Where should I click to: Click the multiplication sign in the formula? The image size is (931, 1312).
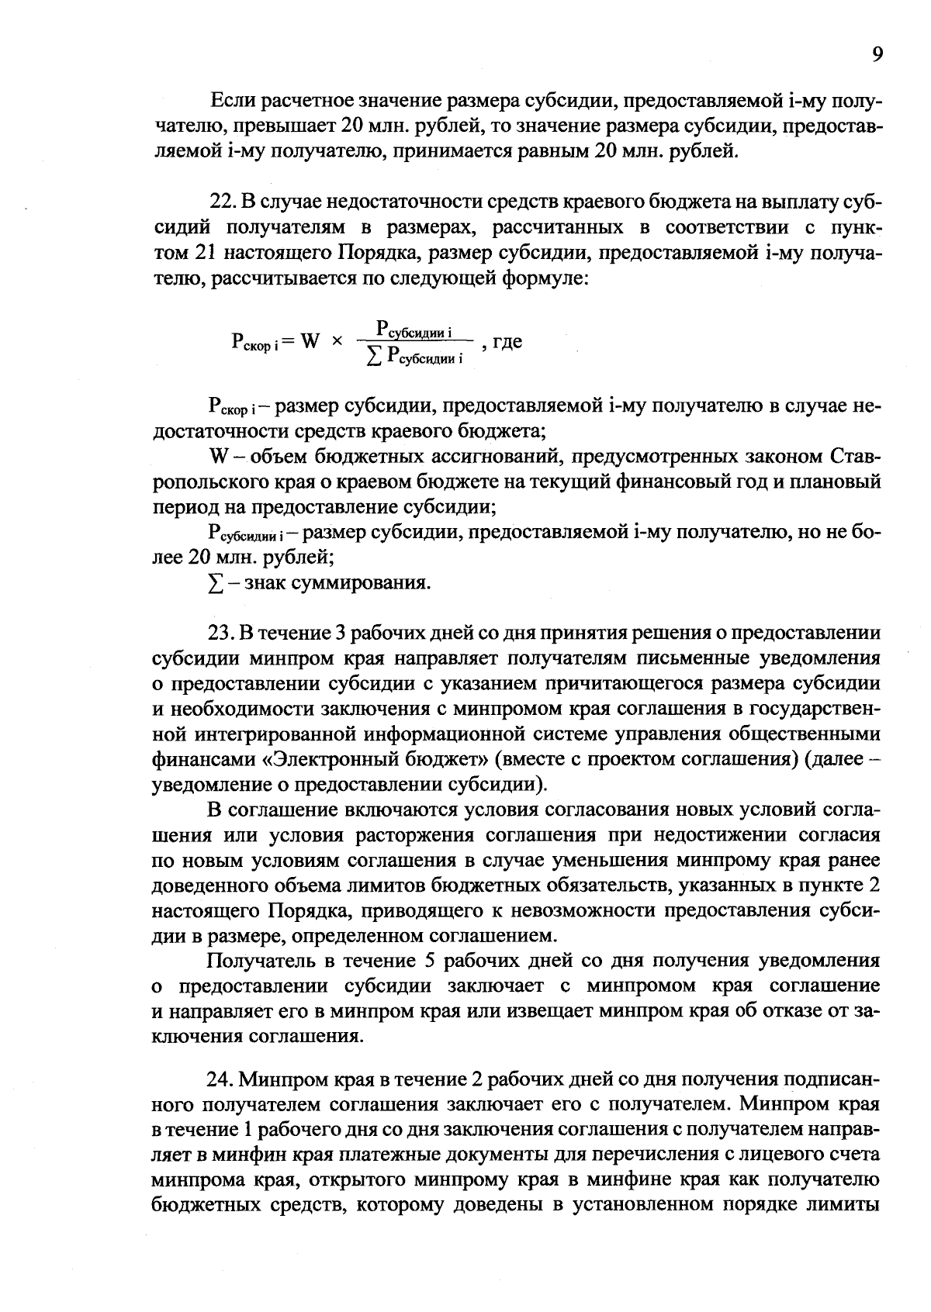pyautogui.click(x=337, y=341)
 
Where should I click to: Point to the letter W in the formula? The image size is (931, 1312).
pyautogui.click(x=310, y=341)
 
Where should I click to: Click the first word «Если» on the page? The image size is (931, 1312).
pyautogui.click(x=230, y=102)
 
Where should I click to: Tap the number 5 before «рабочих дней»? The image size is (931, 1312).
pyautogui.click(x=431, y=962)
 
